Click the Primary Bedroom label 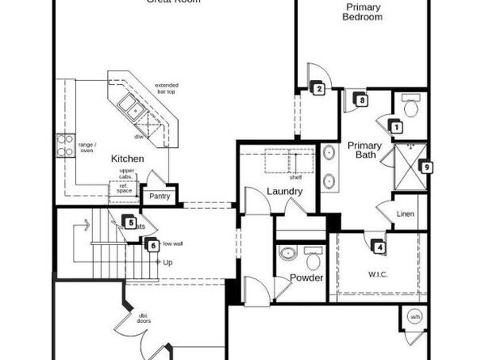(x=364, y=12)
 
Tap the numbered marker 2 (x=320, y=89)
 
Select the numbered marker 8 (x=362, y=100)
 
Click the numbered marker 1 (x=396, y=126)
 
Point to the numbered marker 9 (x=428, y=167)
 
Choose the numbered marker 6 (x=152, y=244)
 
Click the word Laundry (x=284, y=192)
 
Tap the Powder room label (x=306, y=277)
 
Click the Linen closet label (x=406, y=214)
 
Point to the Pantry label (x=160, y=196)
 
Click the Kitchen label (x=127, y=159)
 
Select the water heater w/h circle (x=415, y=316)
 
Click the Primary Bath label (x=365, y=151)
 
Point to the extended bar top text (x=168, y=89)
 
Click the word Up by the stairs (x=168, y=263)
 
